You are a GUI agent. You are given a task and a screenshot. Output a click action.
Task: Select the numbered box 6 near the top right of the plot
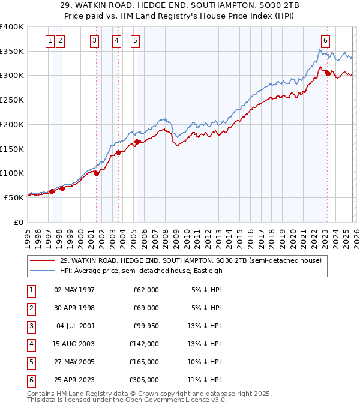tap(325, 41)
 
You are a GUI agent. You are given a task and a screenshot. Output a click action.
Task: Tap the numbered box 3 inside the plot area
tap(95, 41)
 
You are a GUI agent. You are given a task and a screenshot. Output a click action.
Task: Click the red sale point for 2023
tap(327, 73)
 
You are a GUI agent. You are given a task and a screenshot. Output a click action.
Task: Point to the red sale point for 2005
tap(137, 142)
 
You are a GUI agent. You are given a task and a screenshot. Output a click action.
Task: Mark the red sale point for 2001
tap(96, 173)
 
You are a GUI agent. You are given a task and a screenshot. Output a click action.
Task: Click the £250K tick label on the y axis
tap(11, 100)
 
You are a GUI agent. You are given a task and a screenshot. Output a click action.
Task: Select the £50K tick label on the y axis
tap(13, 197)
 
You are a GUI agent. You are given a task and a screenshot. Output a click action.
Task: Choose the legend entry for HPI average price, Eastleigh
tap(141, 271)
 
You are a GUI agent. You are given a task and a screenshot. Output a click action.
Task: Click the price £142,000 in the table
tap(144, 344)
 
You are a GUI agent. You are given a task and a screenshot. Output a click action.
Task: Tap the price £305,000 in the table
tap(144, 380)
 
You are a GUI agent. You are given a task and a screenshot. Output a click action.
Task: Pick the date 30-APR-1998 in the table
tap(74, 308)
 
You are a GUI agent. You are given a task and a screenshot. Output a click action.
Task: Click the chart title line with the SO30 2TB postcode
tap(179, 5)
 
